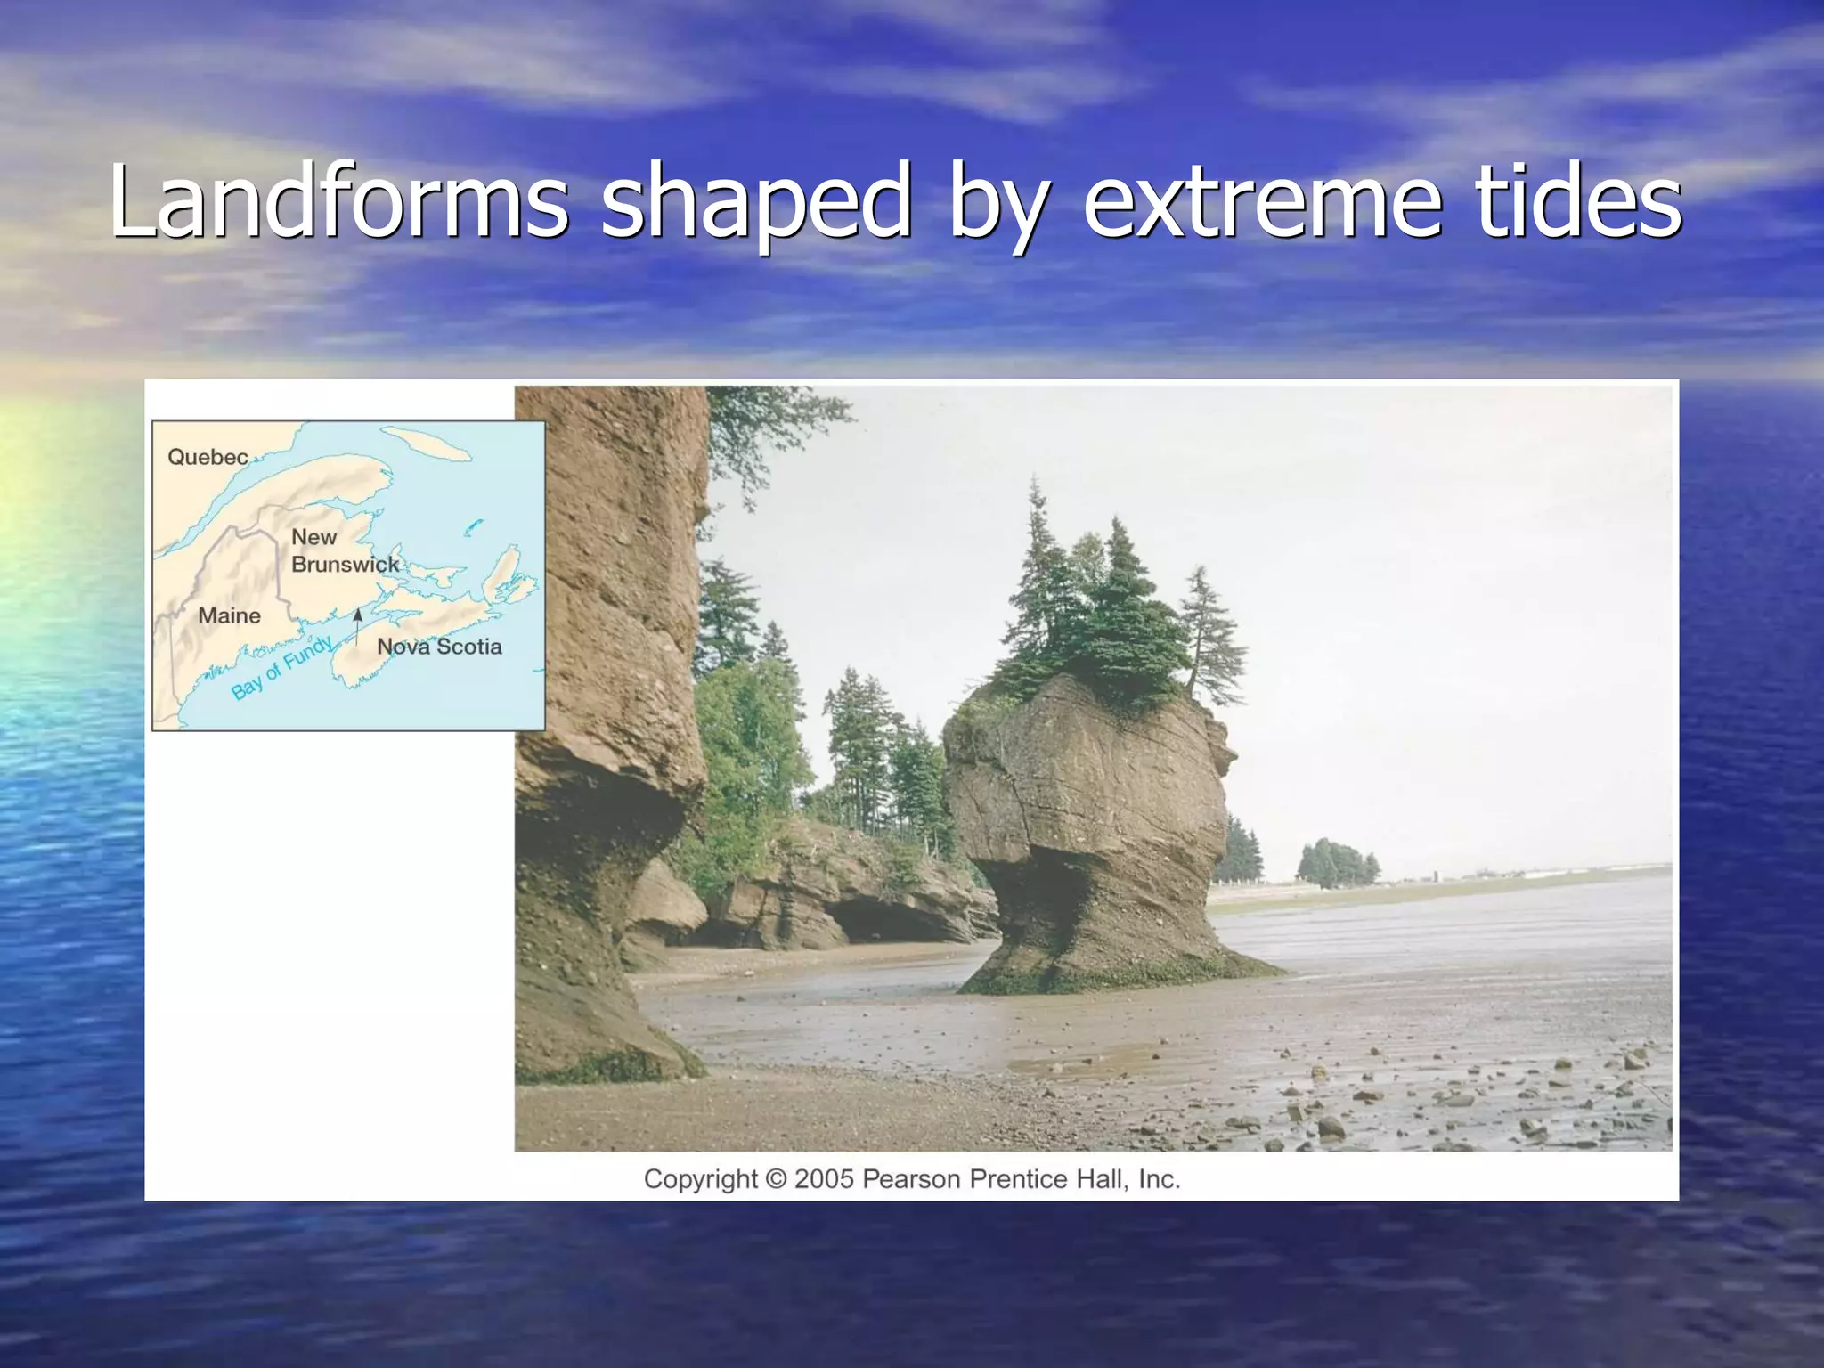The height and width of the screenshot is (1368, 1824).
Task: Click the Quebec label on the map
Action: click(x=208, y=457)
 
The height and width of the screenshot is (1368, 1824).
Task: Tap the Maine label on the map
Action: click(x=229, y=615)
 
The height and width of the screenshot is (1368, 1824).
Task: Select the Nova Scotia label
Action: click(x=439, y=647)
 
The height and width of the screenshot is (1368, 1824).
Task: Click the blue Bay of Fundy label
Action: click(x=281, y=668)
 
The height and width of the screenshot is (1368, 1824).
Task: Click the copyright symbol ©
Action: click(x=776, y=1179)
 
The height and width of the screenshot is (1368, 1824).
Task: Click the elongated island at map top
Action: click(x=426, y=443)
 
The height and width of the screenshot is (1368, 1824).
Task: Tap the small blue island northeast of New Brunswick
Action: click(x=473, y=526)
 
